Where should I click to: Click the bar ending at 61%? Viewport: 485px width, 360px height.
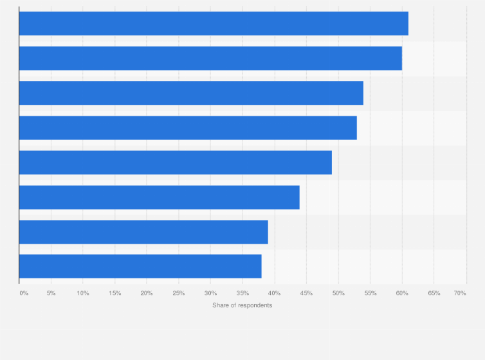[214, 24]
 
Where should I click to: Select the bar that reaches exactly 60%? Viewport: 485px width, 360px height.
[210, 59]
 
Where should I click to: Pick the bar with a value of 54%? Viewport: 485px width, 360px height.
[191, 93]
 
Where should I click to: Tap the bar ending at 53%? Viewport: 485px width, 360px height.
[188, 128]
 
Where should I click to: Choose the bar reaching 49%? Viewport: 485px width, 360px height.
[175, 163]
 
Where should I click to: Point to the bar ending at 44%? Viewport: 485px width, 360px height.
[159, 197]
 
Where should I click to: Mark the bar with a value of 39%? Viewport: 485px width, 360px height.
[143, 232]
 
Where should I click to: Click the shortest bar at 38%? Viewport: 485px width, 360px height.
[140, 267]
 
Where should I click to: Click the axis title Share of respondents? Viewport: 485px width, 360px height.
[243, 305]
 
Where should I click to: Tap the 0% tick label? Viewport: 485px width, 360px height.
[24, 293]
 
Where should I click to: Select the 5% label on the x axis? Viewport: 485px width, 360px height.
[51, 293]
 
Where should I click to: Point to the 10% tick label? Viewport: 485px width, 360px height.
[83, 293]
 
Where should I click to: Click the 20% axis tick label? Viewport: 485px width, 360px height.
[147, 293]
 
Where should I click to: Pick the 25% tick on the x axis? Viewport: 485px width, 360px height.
[179, 293]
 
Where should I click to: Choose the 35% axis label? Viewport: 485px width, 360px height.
[243, 293]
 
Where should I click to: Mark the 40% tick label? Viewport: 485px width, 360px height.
[275, 293]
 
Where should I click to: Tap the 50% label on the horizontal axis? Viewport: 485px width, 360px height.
[338, 293]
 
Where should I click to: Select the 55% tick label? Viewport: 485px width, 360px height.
[371, 293]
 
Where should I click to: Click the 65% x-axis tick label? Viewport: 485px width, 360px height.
[434, 293]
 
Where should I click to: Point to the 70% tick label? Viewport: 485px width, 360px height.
[460, 293]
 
